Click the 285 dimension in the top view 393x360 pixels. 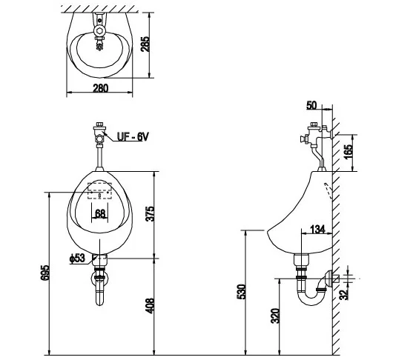pyautogui.click(x=145, y=44)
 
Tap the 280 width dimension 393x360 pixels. pyautogui.click(x=101, y=88)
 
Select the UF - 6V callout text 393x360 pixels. pyautogui.click(x=133, y=137)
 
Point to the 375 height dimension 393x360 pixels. pyautogui.click(x=150, y=213)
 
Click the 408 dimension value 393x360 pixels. pyautogui.click(x=150, y=306)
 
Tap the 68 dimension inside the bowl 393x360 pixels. pyautogui.click(x=100, y=213)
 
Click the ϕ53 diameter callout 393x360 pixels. pyautogui.click(x=77, y=258)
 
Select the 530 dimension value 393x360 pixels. pyautogui.click(x=242, y=291)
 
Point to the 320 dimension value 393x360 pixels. pyautogui.click(x=275, y=316)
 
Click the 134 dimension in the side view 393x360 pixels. pyautogui.click(x=317, y=229)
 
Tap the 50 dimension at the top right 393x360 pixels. pyautogui.click(x=311, y=105)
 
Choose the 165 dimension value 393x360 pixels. pyautogui.click(x=348, y=151)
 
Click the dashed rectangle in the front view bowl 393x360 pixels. pyautogui.click(x=99, y=191)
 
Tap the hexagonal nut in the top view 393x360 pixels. pyautogui.click(x=100, y=31)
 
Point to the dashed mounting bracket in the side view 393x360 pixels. pyautogui.click(x=327, y=191)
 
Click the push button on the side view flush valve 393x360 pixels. pyautogui.click(x=303, y=139)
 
